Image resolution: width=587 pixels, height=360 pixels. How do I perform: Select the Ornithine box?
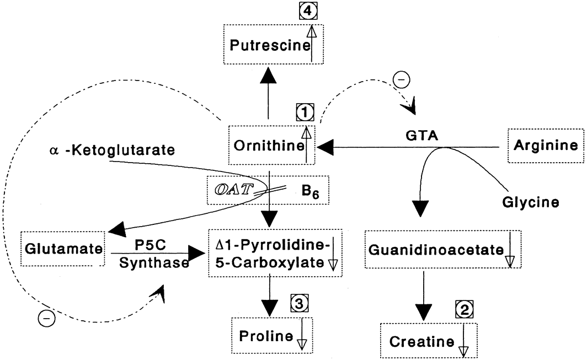coord(271,145)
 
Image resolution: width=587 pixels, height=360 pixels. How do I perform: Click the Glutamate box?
coord(62,249)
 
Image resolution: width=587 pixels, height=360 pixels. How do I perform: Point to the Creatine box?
coord(428,341)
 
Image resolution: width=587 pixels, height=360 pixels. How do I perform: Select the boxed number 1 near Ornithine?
coord(305,114)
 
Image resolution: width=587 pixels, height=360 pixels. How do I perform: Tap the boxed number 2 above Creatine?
coord(463,310)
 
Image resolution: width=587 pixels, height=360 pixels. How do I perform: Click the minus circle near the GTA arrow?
coord(401,80)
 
